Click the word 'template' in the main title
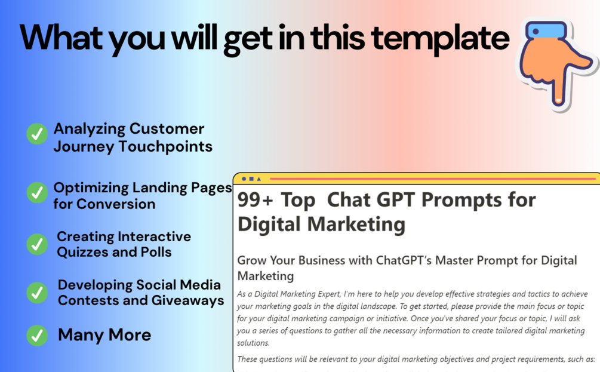440,39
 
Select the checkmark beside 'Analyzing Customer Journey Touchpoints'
37,134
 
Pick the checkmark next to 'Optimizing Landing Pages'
37,192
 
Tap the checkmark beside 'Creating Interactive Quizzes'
37,244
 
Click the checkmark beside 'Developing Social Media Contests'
37,293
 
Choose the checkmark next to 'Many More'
37,335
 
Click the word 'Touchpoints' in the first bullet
165,147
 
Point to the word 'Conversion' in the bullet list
116,204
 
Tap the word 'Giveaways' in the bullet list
188,301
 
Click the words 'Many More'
104,335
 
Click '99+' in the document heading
256,200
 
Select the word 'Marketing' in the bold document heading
356,225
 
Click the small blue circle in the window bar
244,179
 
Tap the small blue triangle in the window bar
259,179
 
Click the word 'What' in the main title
61,38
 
